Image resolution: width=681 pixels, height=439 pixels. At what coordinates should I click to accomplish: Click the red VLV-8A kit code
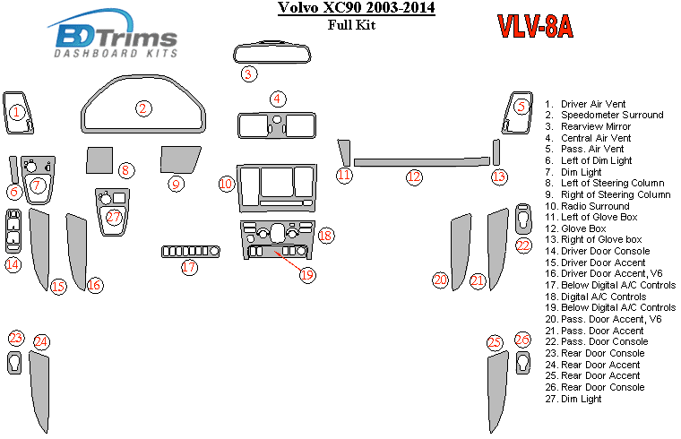(535, 29)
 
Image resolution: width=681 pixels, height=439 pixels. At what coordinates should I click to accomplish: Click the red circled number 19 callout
(307, 275)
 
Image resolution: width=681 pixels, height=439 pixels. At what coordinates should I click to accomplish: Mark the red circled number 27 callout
(114, 217)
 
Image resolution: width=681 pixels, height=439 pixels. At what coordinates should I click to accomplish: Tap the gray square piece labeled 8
(99, 160)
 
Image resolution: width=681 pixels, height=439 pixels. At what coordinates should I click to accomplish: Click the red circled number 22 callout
(523, 245)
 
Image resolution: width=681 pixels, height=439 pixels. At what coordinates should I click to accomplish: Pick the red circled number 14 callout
(13, 264)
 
